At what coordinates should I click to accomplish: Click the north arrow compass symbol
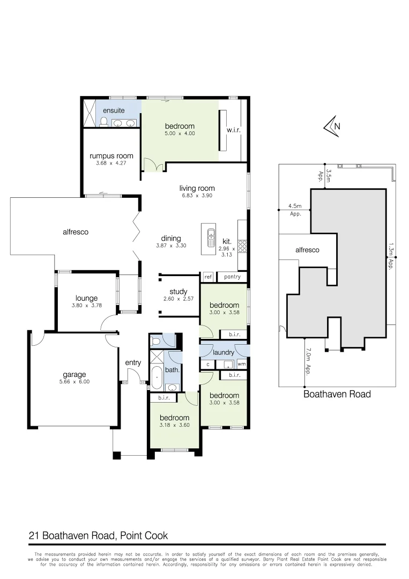pos(332,127)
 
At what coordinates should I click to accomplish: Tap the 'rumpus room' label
pos(111,156)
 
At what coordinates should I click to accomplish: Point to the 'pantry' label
pos(232,277)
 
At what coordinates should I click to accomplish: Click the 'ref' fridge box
pos(208,277)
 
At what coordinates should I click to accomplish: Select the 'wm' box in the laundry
pos(241,365)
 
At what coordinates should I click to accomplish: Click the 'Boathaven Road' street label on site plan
pos(337,395)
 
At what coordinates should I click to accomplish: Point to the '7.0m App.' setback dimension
pos(308,361)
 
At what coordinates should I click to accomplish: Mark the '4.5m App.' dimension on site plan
pos(295,209)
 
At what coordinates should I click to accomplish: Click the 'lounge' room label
pos(86,298)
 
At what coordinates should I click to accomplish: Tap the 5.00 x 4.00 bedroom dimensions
pos(180,133)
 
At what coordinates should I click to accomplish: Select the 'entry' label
pos(133,362)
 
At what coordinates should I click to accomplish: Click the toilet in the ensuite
pos(104,122)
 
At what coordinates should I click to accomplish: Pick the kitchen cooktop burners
pos(242,246)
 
